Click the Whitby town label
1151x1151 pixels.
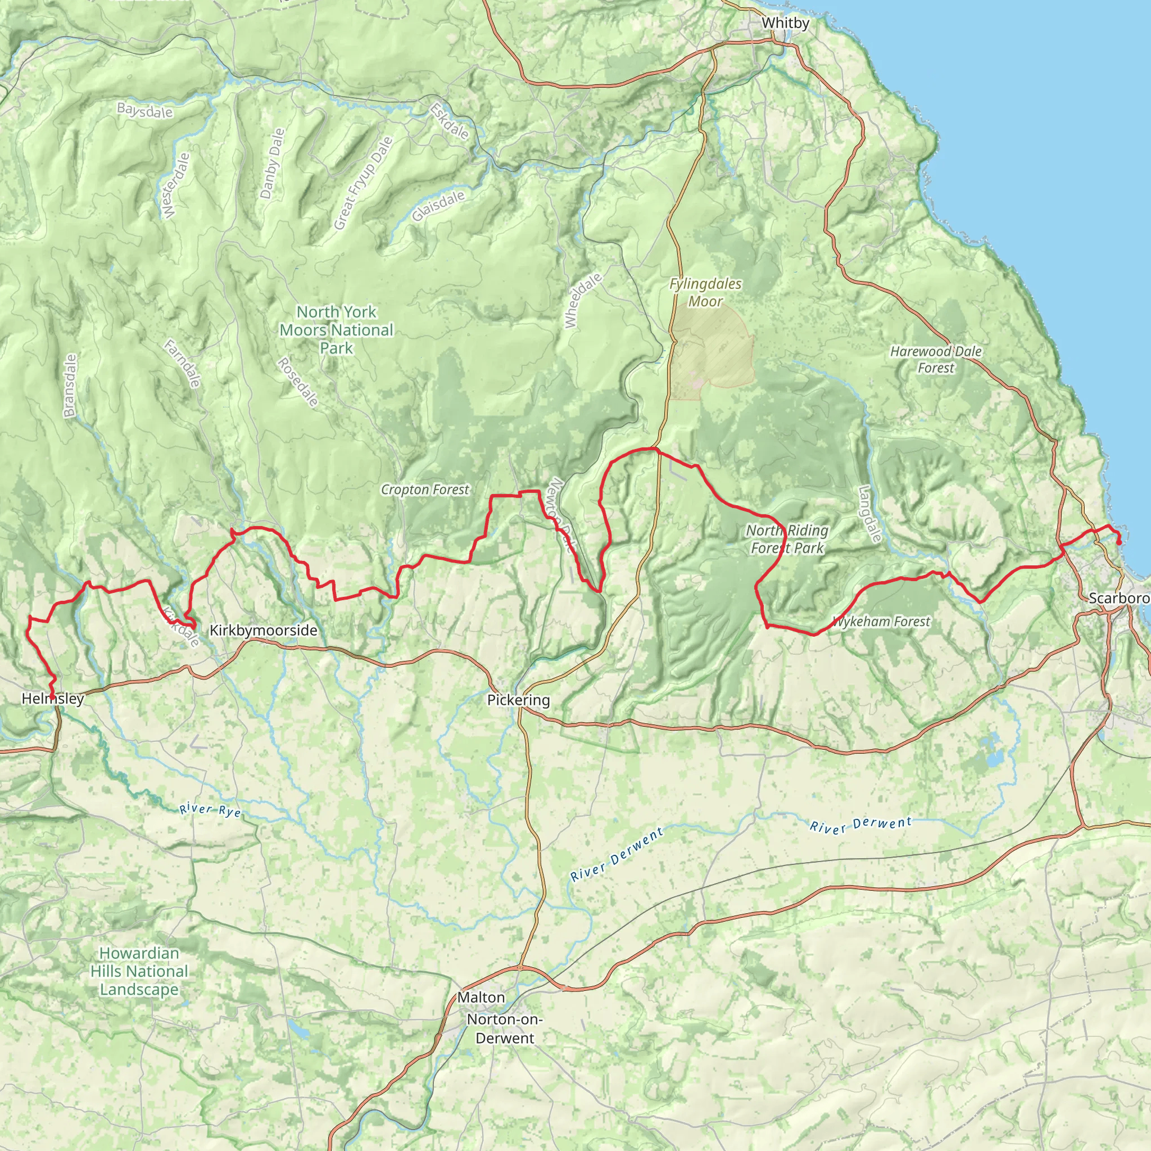coord(785,23)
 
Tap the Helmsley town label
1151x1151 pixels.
coord(52,699)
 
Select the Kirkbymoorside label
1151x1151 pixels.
coord(264,631)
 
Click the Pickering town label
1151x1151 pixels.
coord(518,700)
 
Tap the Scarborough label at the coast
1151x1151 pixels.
coord(1119,598)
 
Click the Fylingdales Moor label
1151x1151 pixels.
coord(705,292)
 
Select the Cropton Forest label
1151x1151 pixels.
coord(425,490)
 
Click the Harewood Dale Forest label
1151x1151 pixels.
coord(935,359)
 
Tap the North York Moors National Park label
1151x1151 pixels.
coord(337,329)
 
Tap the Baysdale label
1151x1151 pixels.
coord(145,111)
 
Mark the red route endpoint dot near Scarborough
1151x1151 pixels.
coord(1119,542)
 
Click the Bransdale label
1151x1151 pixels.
coord(70,386)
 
